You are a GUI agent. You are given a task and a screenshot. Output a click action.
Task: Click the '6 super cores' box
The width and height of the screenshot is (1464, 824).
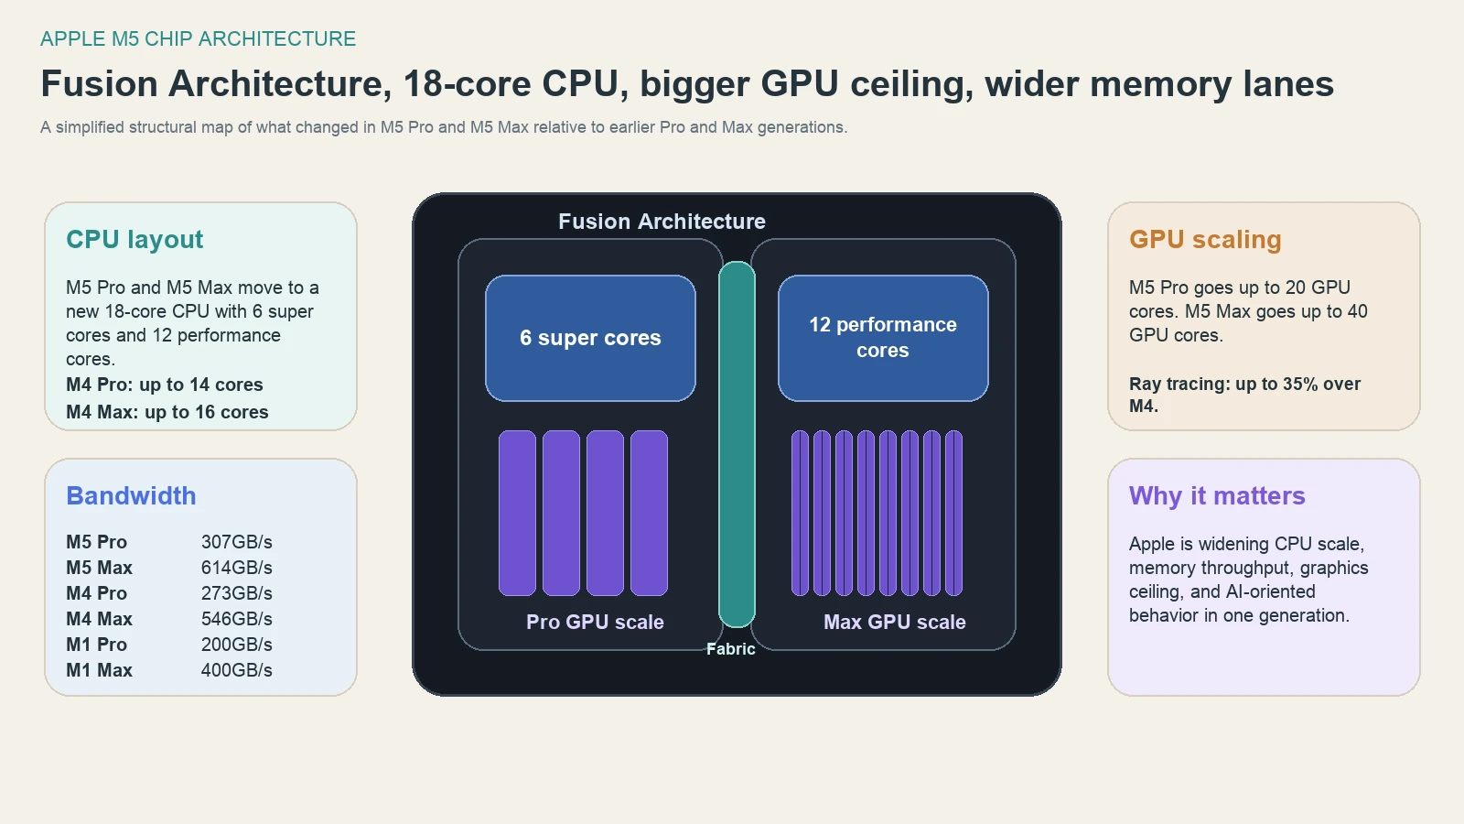coord(590,338)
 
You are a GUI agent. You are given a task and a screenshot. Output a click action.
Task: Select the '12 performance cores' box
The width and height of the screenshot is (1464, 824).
coord(883,338)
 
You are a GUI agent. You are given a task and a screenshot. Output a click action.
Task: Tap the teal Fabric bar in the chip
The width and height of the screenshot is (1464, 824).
coord(737,444)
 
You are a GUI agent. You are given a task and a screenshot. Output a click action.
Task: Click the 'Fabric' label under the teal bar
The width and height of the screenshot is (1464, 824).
coord(730,648)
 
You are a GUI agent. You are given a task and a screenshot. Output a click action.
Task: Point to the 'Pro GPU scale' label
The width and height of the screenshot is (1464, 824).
coord(595,622)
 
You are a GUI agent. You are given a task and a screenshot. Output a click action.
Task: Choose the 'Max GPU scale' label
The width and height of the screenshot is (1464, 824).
coord(894,622)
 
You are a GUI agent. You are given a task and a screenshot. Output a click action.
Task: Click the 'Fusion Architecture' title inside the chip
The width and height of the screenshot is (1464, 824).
coord(662,222)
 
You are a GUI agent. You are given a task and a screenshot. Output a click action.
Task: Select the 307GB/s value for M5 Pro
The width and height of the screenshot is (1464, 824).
coord(236,542)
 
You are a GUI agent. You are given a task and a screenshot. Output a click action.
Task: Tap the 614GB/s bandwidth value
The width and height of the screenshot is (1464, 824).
coord(236,568)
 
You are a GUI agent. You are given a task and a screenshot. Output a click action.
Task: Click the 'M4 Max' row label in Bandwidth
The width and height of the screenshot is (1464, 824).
coord(99,619)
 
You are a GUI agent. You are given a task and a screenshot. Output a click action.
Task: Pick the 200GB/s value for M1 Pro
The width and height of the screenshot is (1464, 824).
coord(236,645)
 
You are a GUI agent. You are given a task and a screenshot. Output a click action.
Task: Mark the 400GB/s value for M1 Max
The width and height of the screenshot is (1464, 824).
coord(236,670)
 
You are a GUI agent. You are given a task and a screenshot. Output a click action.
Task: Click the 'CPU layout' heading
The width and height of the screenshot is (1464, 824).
coord(135,240)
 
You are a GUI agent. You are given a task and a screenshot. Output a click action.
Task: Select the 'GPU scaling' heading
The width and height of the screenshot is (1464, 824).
coord(1204,240)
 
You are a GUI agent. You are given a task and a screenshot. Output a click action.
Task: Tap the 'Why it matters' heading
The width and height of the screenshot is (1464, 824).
coord(1216,496)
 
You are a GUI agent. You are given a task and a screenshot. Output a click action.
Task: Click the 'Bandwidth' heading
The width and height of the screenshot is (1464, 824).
coord(131,496)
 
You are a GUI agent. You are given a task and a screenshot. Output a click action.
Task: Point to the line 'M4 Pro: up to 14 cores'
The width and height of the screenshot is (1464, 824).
coord(164,385)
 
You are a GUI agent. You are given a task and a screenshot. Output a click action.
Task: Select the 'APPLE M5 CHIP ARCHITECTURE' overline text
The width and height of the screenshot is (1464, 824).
coord(198,38)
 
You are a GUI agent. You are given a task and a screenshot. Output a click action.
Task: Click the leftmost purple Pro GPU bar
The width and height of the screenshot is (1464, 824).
coord(517,513)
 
